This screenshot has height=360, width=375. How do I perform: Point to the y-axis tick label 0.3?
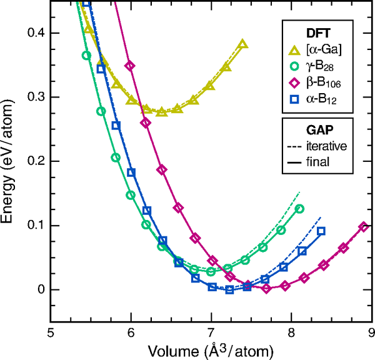point(34,97)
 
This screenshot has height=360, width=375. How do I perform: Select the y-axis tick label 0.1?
point(34,225)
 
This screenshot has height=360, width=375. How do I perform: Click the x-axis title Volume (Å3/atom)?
point(211,351)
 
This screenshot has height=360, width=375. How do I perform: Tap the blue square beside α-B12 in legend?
point(296,99)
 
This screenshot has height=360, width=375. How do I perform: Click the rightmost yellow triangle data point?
point(242,44)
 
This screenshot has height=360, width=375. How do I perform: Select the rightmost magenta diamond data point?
point(364,227)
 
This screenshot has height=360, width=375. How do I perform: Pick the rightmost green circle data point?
point(299,209)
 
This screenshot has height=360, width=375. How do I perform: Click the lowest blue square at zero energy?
point(229,289)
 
